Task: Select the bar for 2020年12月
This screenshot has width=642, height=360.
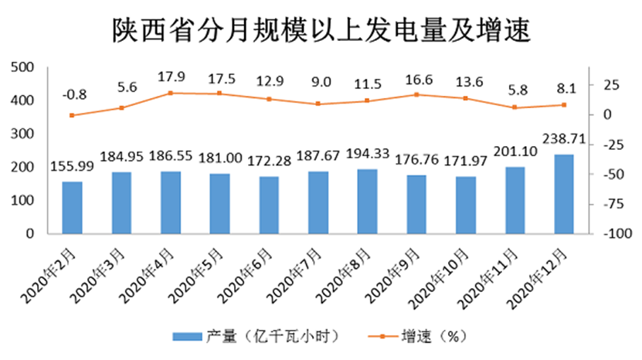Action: tap(564, 194)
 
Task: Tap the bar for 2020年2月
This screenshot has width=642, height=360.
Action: tap(72, 208)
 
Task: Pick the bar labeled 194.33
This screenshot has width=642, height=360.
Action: tap(367, 201)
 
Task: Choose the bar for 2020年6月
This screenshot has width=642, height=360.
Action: tap(269, 205)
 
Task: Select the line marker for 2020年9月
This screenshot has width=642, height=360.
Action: tap(416, 95)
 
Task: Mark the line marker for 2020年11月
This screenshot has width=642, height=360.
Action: tap(515, 107)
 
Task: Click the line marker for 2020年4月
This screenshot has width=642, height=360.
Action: tap(171, 93)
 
